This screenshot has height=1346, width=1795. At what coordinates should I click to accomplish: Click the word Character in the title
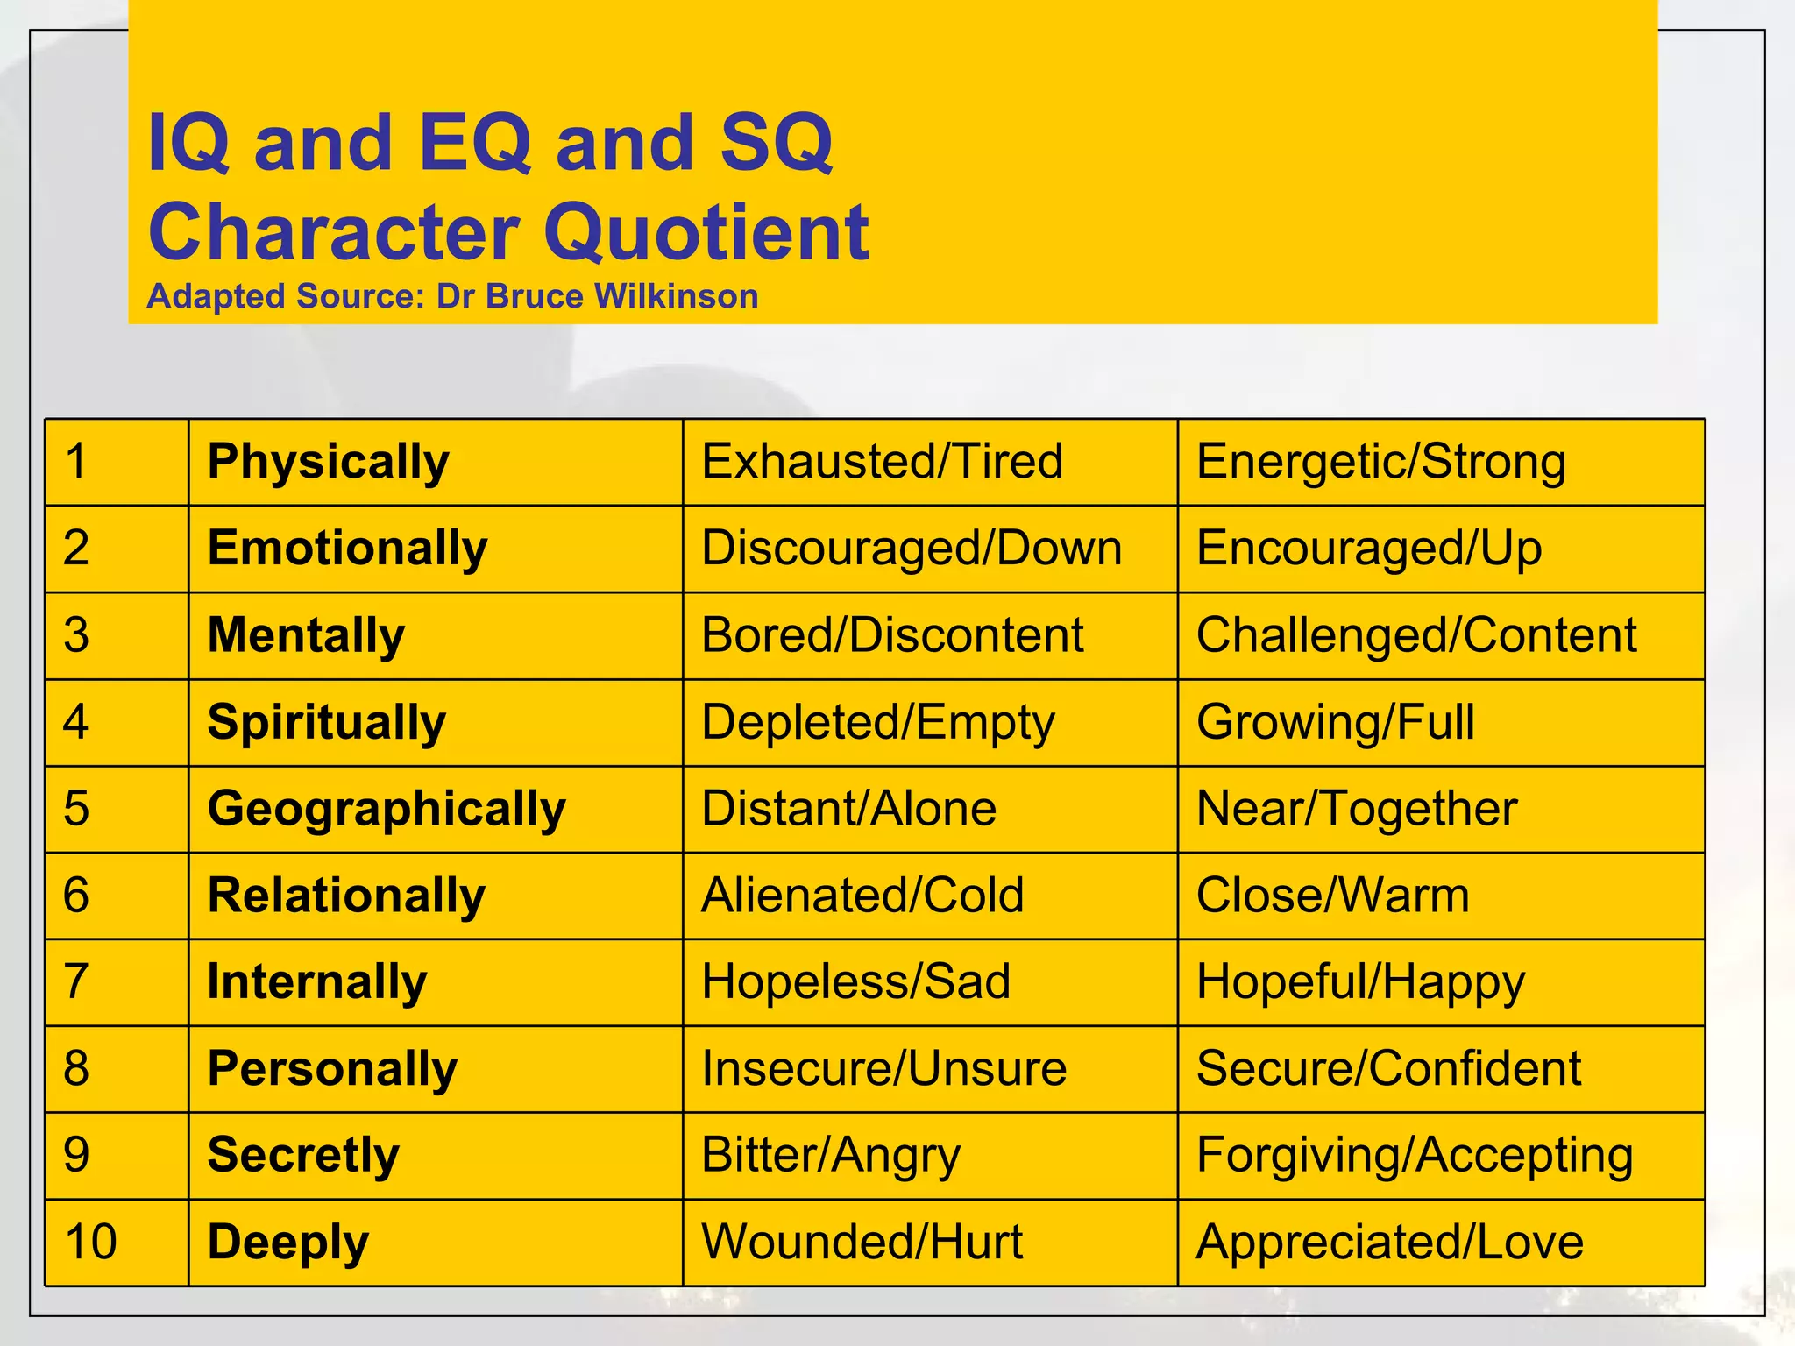coord(334,232)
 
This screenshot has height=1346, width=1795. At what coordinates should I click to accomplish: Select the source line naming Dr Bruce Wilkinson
coord(452,297)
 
